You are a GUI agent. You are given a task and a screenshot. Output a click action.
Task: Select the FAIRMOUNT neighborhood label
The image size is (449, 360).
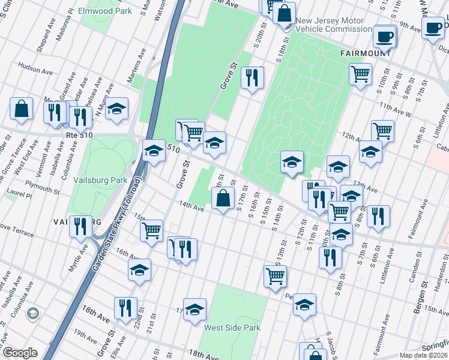point(366,53)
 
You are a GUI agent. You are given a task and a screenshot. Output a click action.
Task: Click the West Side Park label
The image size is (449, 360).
point(232,328)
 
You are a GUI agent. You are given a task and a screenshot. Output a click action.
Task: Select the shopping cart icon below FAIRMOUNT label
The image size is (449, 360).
point(360,74)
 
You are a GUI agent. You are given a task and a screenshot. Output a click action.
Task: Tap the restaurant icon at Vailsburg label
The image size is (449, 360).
point(80,226)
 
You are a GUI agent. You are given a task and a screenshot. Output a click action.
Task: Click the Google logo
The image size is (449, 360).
point(19,353)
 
